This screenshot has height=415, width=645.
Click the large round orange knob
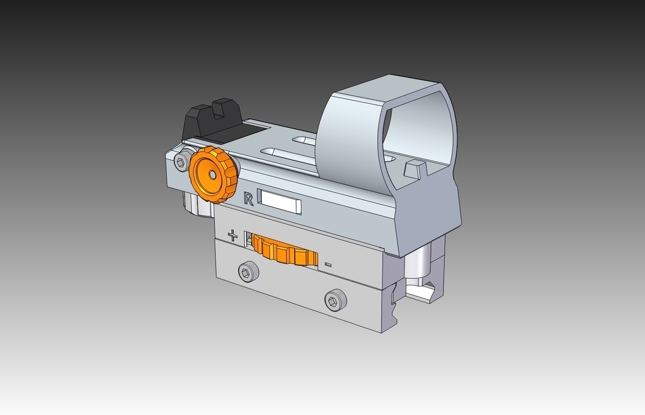[214, 174]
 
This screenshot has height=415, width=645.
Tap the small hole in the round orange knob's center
[212, 174]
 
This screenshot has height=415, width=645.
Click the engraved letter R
[248, 199]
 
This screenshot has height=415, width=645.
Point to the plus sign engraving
[232, 236]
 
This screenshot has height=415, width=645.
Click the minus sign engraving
[328, 264]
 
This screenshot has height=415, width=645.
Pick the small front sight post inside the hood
[414, 169]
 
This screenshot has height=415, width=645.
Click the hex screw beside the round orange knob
[181, 163]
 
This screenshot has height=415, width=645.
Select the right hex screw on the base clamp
[334, 300]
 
